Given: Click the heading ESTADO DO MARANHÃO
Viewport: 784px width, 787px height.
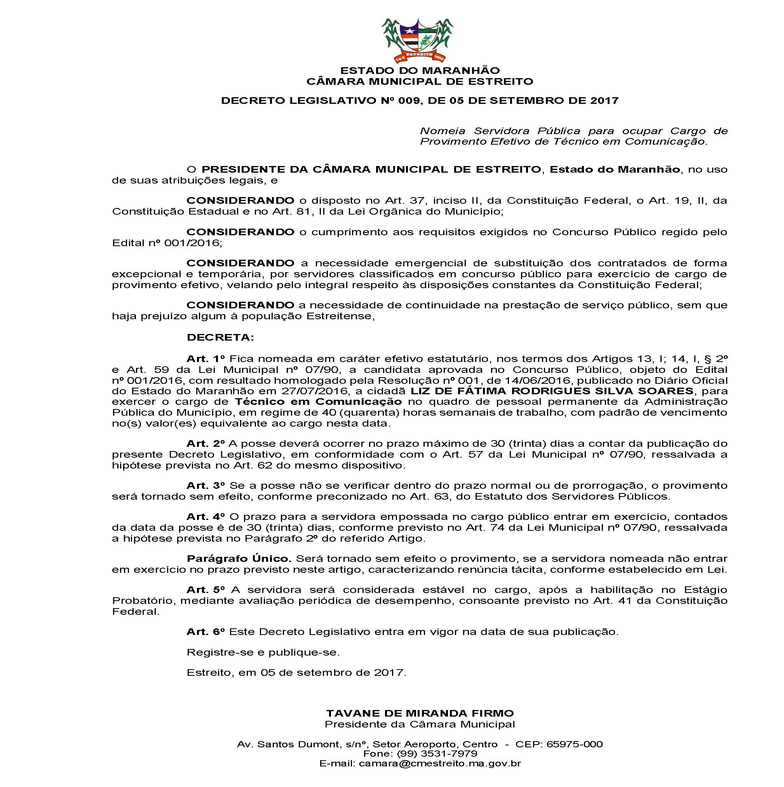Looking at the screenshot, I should coord(420,70).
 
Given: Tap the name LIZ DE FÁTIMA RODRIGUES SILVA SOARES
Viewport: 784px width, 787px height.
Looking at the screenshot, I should coord(552,391).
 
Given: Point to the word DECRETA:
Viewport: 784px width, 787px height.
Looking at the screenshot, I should coord(220,337).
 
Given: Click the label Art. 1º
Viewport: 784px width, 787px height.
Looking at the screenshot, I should coord(206,359).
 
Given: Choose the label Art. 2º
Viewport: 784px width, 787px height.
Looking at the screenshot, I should coord(206,443).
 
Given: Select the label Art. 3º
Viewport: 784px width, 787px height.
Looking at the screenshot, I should coord(206,486).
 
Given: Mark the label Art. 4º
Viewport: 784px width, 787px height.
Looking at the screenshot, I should coord(206,517).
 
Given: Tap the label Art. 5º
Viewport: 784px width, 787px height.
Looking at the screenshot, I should coord(206,590).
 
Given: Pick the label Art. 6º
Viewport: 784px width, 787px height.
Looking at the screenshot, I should coord(206,632).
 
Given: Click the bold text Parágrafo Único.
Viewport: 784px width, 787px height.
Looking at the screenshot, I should coord(239,559).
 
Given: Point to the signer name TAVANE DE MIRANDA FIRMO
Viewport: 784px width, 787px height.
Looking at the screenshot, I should coord(420,713).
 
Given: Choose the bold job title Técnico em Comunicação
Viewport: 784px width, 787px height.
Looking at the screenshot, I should coord(318,402).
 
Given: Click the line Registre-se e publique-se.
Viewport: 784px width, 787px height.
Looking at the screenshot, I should coord(263,652).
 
